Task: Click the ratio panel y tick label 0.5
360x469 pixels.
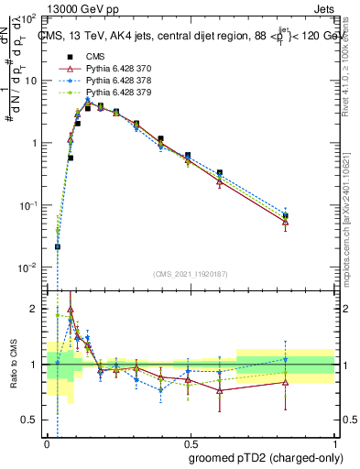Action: click(30, 420)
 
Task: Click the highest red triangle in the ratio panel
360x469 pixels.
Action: click(71, 310)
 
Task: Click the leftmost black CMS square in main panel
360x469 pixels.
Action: click(58, 246)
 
